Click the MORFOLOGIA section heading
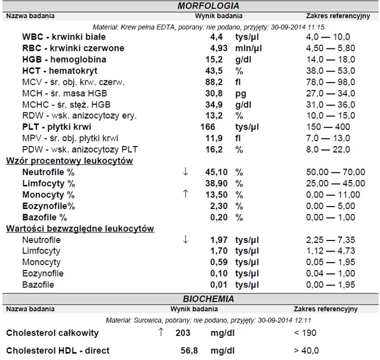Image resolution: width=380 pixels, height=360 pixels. tap(208, 6)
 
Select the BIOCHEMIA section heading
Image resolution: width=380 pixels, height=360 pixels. tap(208, 299)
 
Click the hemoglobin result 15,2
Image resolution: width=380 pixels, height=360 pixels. tap(213, 59)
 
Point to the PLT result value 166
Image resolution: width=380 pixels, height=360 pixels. tap(207, 127)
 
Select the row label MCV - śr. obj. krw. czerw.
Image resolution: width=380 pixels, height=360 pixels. tap(73, 82)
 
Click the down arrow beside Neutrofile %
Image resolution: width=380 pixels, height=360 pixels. tap(185, 171)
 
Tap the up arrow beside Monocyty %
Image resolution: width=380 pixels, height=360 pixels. tap(185, 194)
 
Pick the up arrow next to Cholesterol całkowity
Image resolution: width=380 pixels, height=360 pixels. tap(160, 332)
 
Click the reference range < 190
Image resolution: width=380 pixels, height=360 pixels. tap(305, 333)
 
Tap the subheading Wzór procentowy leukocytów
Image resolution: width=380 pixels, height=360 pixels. tap(69, 161)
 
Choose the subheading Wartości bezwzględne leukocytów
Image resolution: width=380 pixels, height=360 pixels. tap(79, 228)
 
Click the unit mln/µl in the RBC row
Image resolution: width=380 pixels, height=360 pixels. tap(248, 48)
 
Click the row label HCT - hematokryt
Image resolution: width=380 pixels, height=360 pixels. tap(59, 70)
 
